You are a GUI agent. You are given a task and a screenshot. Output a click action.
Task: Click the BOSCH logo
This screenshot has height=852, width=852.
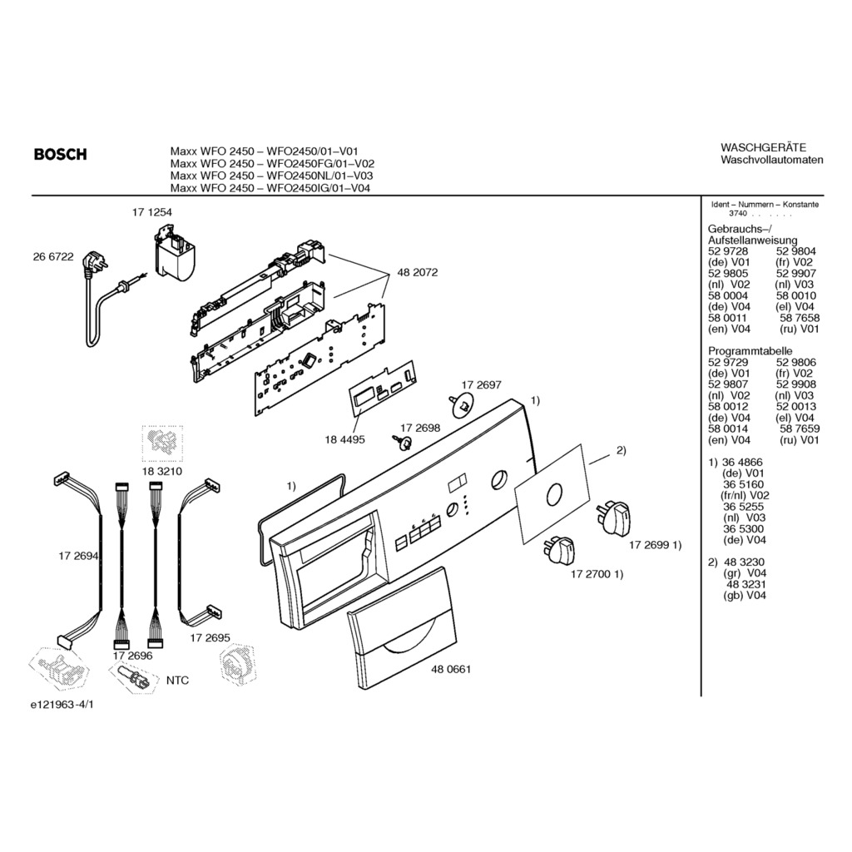coord(60,154)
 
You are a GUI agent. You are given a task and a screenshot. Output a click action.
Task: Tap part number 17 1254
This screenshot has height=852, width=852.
coord(151,213)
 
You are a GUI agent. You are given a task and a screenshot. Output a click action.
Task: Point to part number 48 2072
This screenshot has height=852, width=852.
coord(418,272)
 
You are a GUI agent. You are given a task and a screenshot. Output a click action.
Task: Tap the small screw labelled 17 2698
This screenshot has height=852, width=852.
coord(405,442)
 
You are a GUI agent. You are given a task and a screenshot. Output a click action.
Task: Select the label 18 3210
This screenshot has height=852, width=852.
coord(162,471)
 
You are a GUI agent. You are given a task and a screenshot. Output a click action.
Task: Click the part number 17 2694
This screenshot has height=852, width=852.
coord(78,554)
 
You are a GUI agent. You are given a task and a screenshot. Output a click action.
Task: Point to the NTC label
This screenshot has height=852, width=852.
coord(177,680)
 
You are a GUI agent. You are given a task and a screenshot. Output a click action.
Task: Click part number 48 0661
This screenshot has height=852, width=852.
coord(451,669)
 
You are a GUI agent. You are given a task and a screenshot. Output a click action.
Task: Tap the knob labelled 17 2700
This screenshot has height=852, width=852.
coord(562,551)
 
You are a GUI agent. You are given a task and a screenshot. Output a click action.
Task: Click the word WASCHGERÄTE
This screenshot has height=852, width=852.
coord(763,147)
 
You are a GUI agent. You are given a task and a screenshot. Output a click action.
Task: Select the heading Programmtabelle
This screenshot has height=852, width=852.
coord(750,351)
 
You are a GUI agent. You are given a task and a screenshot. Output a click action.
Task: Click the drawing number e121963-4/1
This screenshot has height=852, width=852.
coord(62,704)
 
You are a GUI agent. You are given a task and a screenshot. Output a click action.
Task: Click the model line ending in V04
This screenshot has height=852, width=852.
coord(270,188)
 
